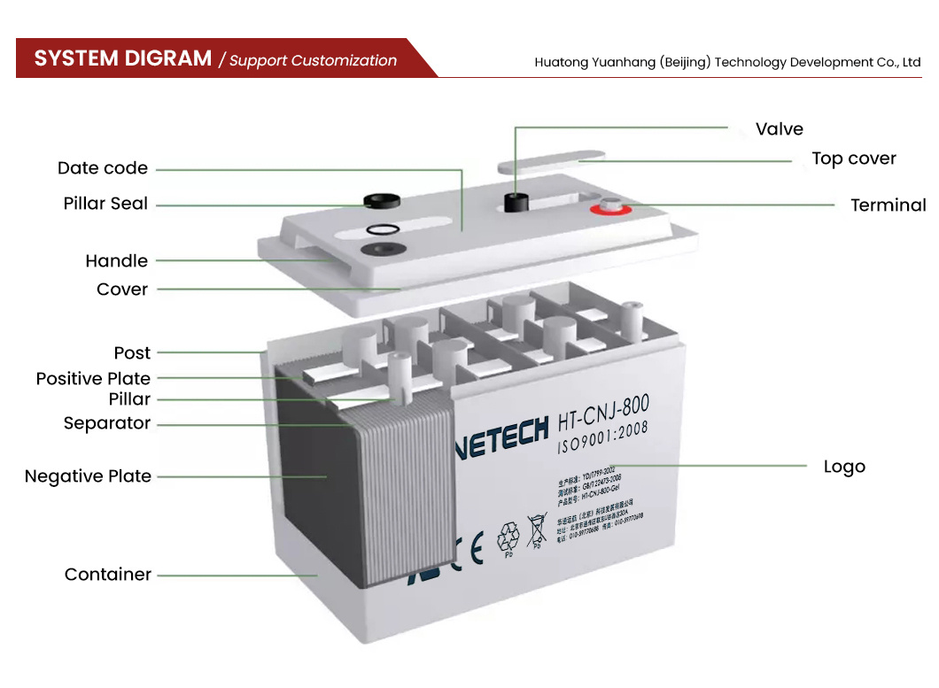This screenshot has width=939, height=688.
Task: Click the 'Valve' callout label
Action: click(779, 129)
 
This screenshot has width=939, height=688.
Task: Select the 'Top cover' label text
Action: click(854, 159)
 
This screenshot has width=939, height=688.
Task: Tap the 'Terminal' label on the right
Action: click(888, 205)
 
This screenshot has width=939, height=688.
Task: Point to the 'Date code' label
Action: click(103, 168)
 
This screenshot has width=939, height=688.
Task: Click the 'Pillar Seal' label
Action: click(105, 204)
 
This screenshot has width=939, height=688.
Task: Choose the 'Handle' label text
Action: click(116, 261)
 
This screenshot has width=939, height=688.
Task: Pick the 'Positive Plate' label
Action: click(93, 379)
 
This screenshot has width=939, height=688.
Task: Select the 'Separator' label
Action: click(107, 423)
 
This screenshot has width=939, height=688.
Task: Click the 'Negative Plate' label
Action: click(88, 476)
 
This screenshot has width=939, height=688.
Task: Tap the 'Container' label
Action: click(108, 575)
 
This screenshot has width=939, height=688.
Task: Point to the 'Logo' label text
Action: click(844, 467)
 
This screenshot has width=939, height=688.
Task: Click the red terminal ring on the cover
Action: click(610, 210)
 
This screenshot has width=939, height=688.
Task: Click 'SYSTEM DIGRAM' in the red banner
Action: click(123, 59)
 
